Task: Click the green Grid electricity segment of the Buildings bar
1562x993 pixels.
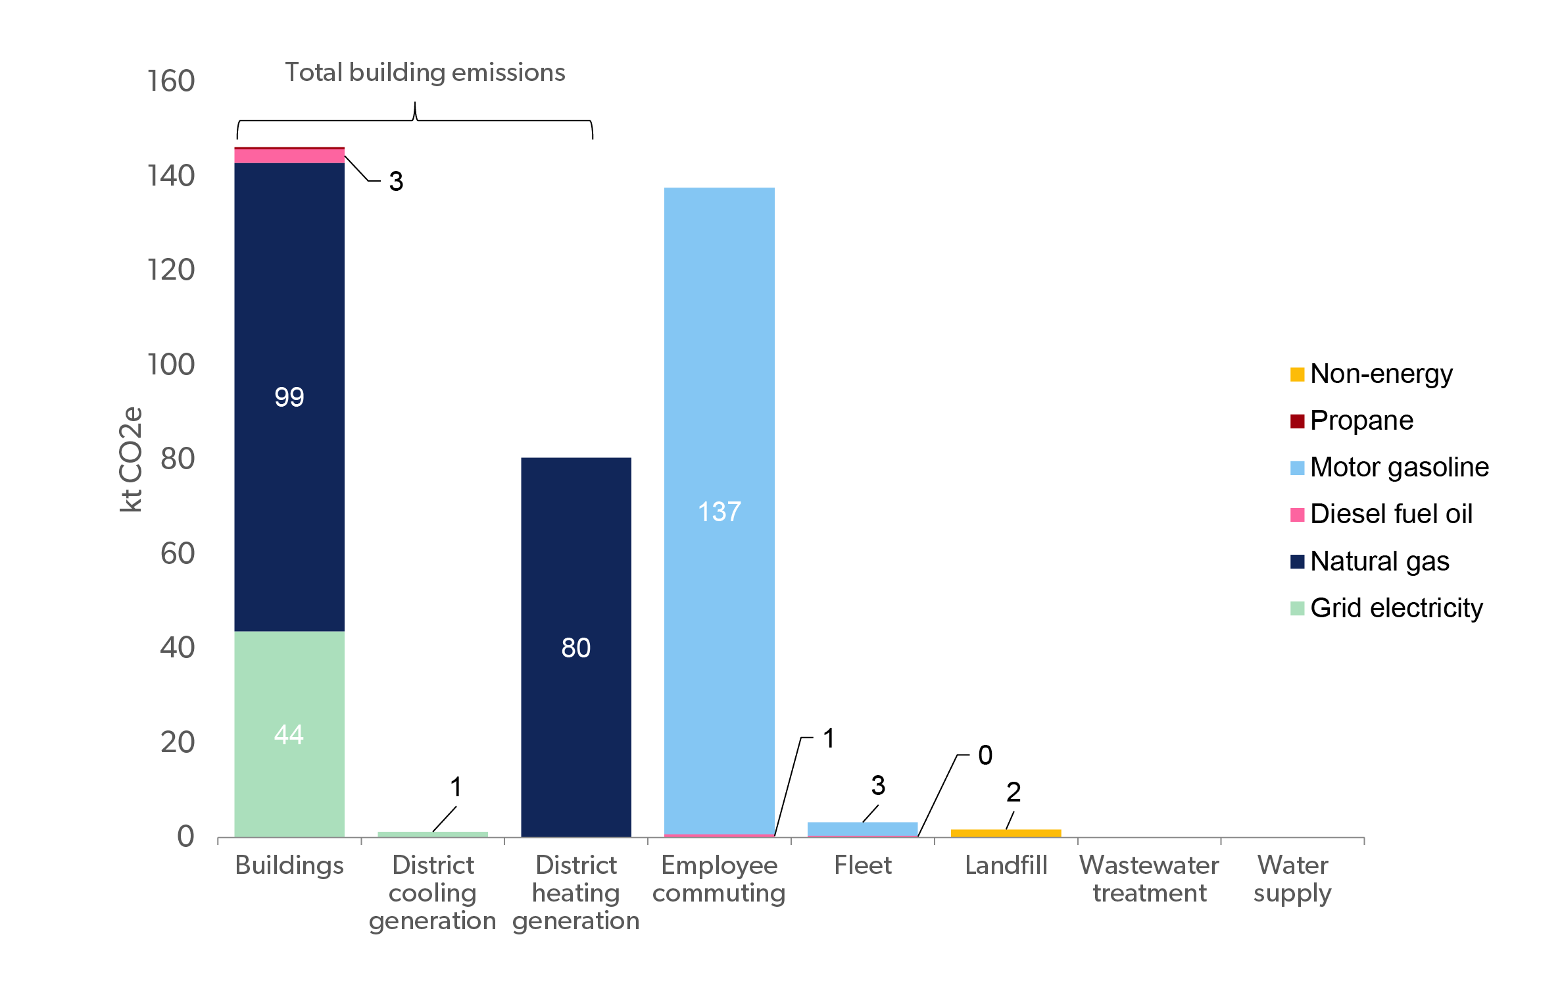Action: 289,734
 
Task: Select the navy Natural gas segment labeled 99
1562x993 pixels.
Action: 289,397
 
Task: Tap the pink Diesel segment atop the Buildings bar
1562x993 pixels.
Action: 289,156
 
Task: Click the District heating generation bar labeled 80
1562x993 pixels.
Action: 576,648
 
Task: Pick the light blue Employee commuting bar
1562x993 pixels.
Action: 720,511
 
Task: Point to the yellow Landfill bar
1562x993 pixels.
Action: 1006,833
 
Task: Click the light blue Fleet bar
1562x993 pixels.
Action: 863,828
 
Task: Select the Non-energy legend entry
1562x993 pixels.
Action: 1371,374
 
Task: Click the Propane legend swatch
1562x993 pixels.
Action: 1297,421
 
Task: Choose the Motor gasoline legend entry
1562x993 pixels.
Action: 1390,467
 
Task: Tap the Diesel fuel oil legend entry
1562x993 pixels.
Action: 1381,514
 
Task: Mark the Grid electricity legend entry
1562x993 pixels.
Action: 1386,608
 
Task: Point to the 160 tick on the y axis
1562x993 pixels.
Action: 171,81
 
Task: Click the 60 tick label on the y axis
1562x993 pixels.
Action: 178,553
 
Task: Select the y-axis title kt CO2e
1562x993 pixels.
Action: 131,459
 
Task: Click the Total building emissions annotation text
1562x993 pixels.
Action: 425,72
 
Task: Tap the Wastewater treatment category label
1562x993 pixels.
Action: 1149,878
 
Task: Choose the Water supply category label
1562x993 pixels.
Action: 1292,879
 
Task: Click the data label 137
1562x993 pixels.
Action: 720,511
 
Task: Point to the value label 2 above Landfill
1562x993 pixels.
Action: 1013,792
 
